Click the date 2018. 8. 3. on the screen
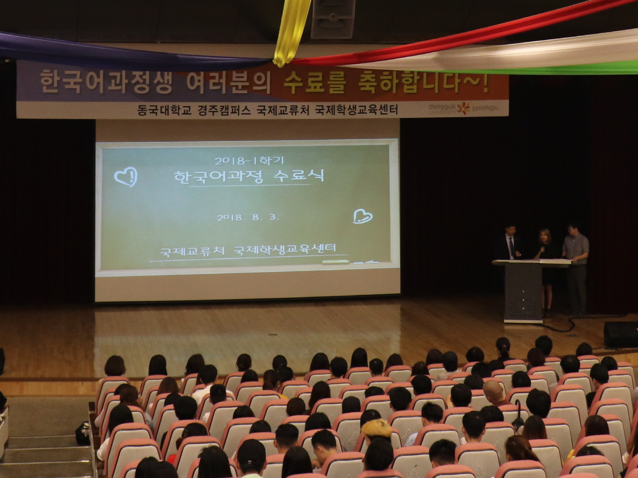point(248,217)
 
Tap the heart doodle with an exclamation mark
point(126,177)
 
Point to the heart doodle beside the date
point(362,216)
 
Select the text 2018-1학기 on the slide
point(249,161)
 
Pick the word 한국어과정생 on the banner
point(106,82)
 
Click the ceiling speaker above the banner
point(333,18)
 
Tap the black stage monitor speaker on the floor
point(621,335)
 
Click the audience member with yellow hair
point(377,428)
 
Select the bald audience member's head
point(493,391)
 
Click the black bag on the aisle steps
point(83,433)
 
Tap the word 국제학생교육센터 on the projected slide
point(285,249)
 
